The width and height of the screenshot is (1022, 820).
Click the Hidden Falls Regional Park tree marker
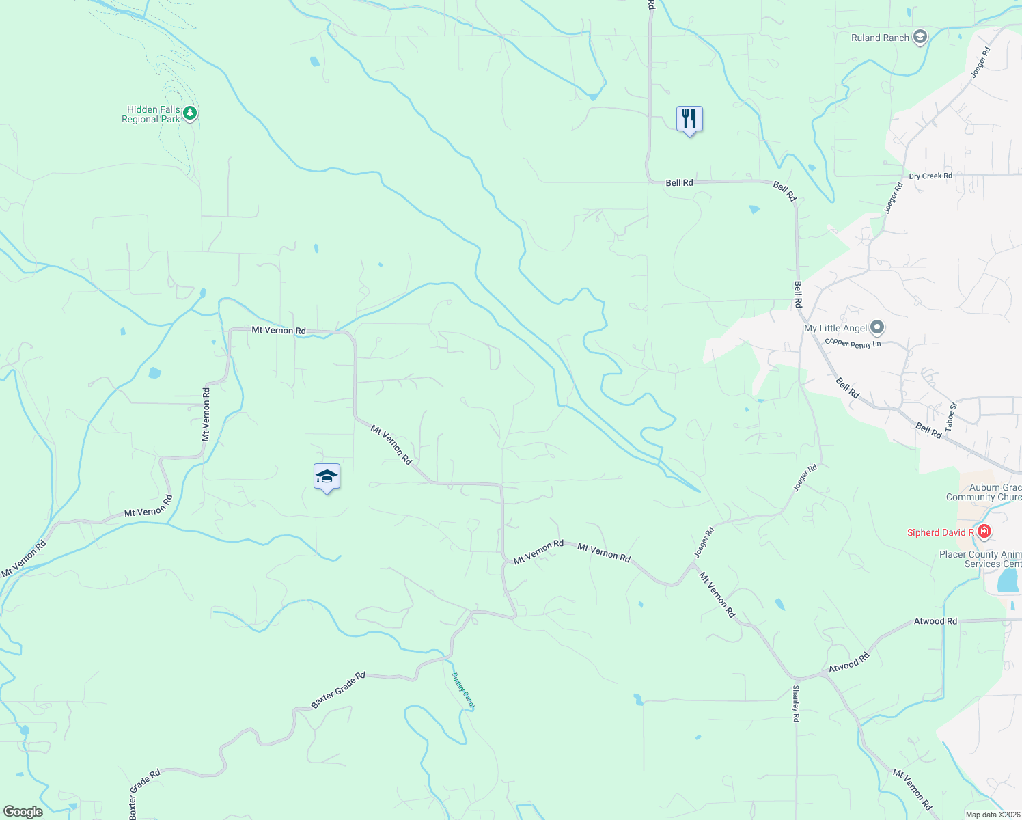[x=190, y=113]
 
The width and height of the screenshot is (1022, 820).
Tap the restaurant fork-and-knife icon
[x=689, y=119]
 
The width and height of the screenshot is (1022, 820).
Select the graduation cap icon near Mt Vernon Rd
[x=327, y=476]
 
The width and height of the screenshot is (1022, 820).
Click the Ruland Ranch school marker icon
[x=920, y=37]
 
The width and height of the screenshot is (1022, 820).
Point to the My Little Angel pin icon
[x=878, y=328]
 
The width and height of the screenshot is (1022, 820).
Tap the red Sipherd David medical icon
[x=984, y=531]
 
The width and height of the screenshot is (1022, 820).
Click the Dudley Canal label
[x=464, y=691]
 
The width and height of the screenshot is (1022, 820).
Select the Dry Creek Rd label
[x=930, y=176]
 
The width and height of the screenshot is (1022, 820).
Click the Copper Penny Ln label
[x=853, y=343]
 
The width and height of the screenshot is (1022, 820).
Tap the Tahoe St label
[x=951, y=420]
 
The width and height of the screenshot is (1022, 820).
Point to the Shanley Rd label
[x=796, y=704]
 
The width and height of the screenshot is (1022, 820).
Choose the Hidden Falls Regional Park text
[x=151, y=114]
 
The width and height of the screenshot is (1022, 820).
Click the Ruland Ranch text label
[x=880, y=38]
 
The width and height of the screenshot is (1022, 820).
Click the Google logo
[x=23, y=811]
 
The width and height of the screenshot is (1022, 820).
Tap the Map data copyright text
[x=993, y=815]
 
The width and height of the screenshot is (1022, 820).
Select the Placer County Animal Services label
[x=980, y=559]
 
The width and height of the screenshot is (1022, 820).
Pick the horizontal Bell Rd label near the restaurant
[x=679, y=182]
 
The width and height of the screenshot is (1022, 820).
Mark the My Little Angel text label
[x=835, y=328]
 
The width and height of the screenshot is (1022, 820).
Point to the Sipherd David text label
[x=941, y=532]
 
